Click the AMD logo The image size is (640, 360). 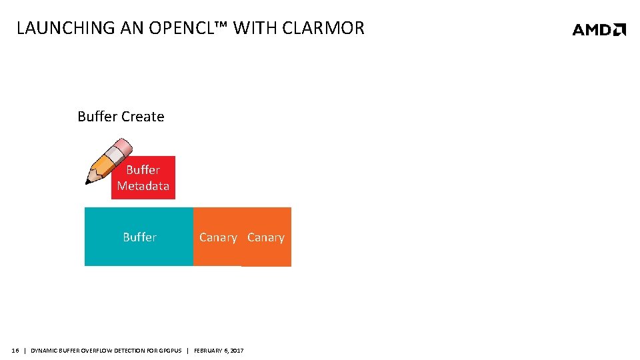tap(599, 29)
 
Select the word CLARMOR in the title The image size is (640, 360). tap(323, 28)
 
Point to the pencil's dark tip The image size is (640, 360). tap(89, 181)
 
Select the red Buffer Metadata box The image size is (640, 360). tap(143, 178)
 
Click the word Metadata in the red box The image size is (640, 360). tap(143, 186)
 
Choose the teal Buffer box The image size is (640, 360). tap(139, 237)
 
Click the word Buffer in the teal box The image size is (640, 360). tap(139, 237)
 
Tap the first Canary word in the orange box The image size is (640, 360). tap(218, 237)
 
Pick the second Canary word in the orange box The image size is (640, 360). tap(265, 237)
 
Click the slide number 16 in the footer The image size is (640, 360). tap(15, 351)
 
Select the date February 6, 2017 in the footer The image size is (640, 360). tap(219, 351)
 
